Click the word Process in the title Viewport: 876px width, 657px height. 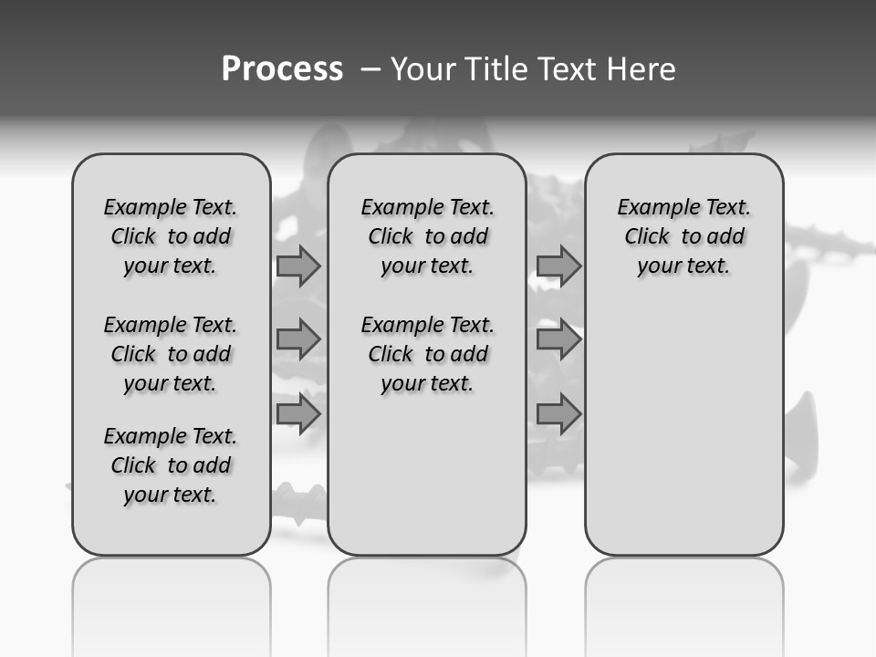coord(282,69)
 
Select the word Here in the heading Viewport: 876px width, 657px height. coord(643,69)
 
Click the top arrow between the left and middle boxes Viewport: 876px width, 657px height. coord(298,266)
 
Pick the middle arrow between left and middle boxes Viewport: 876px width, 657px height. coord(298,339)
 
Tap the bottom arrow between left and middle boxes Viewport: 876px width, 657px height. coord(298,413)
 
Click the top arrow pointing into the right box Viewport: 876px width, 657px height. coord(558,266)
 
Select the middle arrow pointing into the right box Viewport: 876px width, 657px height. coord(558,339)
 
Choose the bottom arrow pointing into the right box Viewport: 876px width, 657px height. coord(558,413)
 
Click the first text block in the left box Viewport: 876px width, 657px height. coord(171,236)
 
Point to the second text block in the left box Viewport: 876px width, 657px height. coord(171,354)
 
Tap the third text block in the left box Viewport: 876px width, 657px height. coord(171,465)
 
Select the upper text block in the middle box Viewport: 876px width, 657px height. coord(427,236)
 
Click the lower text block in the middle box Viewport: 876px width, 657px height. coord(427,354)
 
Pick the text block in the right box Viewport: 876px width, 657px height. coord(683,236)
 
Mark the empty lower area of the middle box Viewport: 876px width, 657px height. coord(427,474)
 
